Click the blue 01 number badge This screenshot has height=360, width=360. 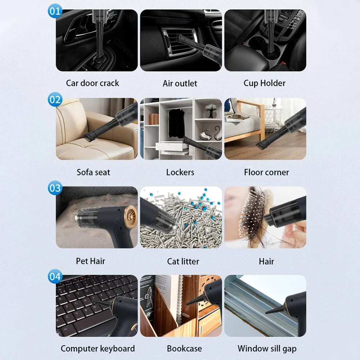coord(55,11)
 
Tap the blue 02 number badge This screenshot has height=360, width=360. coord(55,99)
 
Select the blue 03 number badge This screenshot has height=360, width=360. coord(55,188)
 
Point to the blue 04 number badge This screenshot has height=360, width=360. coord(55,276)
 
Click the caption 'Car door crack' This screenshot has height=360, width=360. coord(93,83)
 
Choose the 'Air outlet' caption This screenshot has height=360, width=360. coord(180,84)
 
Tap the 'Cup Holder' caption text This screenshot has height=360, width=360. coord(264,83)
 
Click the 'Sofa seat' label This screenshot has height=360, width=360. coord(93,172)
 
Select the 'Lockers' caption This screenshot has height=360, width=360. coord(180,172)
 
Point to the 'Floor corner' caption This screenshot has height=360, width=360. coord(266,172)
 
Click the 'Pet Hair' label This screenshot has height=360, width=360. coord(90,261)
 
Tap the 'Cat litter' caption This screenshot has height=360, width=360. coord(183,261)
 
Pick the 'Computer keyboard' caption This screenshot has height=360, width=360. coord(98,348)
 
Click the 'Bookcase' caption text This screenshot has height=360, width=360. coord(184,348)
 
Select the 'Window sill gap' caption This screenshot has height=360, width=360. coord(267,348)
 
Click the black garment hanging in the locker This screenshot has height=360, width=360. coord(176,122)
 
